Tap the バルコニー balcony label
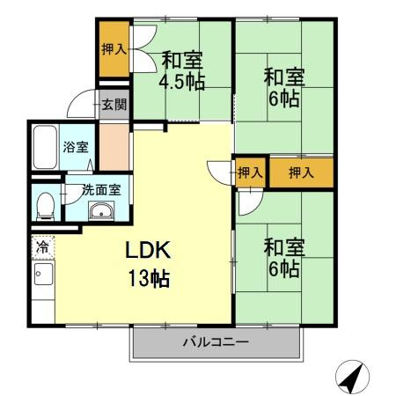[x=216, y=341]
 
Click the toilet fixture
[x=45, y=206]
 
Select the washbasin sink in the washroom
[x=101, y=211]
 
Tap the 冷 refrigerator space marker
[x=41, y=248]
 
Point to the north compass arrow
[x=353, y=378]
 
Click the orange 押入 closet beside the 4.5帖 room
[x=112, y=50]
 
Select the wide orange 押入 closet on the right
[x=301, y=172]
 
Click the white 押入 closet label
[x=250, y=172]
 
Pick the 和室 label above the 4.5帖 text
[x=181, y=61]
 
